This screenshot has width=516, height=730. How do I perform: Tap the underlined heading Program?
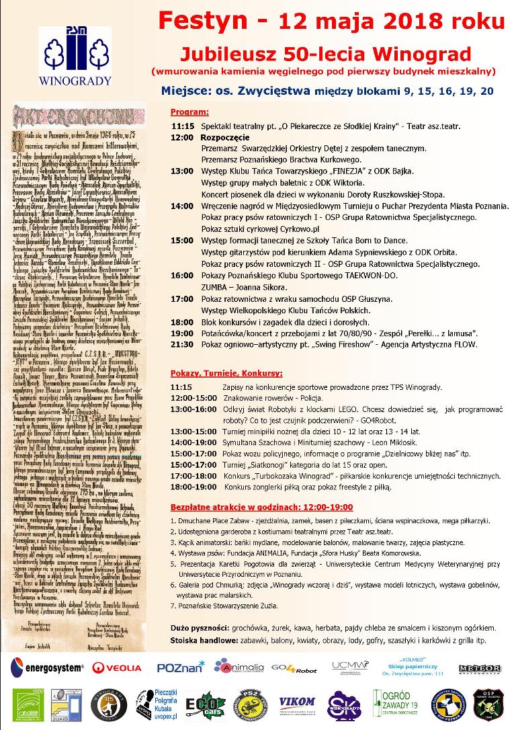(x=189, y=111)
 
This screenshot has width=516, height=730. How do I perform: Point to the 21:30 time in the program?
(x=182, y=344)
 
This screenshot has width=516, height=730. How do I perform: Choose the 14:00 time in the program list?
(x=182, y=206)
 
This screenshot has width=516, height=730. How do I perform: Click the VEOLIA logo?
(x=118, y=667)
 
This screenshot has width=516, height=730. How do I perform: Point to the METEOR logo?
(x=478, y=667)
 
